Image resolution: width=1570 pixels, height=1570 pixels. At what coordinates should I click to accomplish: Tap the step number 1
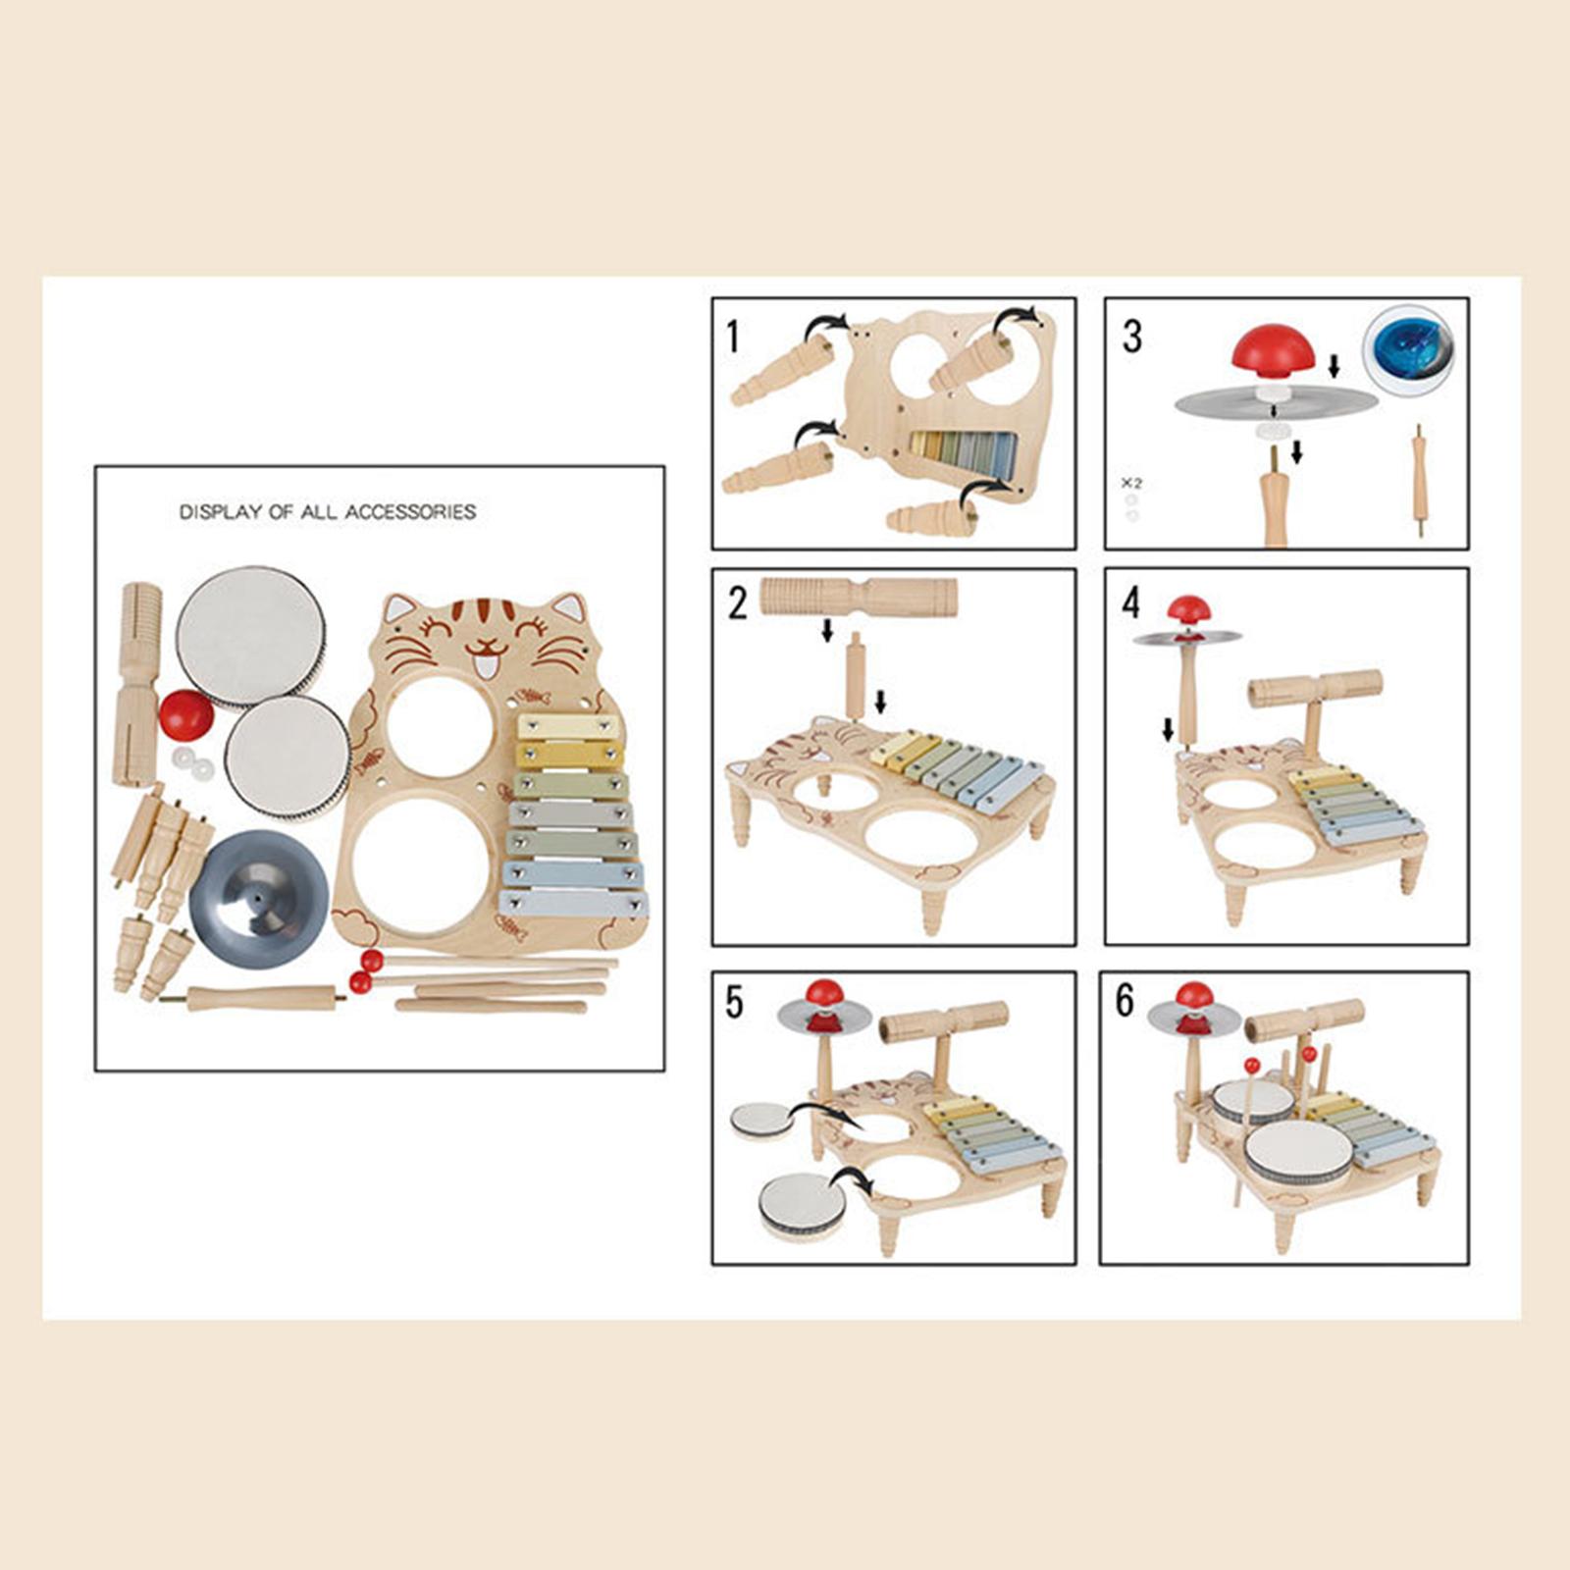click(x=732, y=337)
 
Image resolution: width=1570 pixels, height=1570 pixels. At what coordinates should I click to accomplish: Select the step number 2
click(x=737, y=602)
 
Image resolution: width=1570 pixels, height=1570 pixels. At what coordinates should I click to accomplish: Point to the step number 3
click(x=1131, y=337)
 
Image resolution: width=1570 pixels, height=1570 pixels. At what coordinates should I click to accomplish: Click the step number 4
click(x=1131, y=602)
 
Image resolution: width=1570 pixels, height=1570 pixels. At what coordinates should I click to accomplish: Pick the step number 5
click(x=734, y=1002)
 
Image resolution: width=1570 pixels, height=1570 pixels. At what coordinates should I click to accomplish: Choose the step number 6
click(x=1125, y=1001)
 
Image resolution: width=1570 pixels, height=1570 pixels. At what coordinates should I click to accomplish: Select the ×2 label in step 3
click(x=1131, y=484)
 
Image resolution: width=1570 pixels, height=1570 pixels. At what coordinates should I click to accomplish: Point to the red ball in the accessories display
click(x=185, y=715)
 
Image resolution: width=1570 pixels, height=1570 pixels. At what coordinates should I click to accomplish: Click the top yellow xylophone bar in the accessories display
click(x=568, y=727)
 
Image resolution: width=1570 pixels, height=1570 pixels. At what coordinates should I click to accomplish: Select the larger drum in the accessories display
click(x=250, y=638)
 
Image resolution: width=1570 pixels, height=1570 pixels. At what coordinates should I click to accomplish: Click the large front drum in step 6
click(x=1297, y=1156)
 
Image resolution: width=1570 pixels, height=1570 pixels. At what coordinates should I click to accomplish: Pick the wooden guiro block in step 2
click(x=859, y=595)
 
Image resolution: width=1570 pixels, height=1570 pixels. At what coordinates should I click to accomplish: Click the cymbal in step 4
click(x=1187, y=638)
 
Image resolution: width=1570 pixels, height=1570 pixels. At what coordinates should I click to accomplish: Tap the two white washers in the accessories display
click(x=191, y=763)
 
